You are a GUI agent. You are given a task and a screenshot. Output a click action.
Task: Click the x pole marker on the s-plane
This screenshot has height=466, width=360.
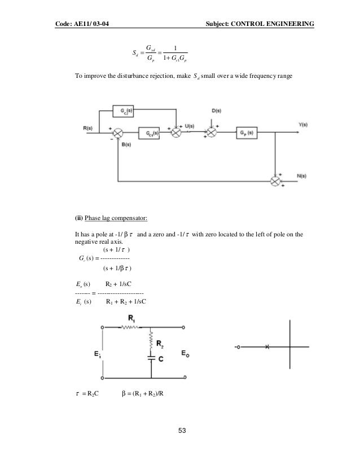coord(267,346)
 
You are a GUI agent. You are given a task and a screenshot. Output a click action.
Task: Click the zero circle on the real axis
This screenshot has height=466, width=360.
coord(235,346)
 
